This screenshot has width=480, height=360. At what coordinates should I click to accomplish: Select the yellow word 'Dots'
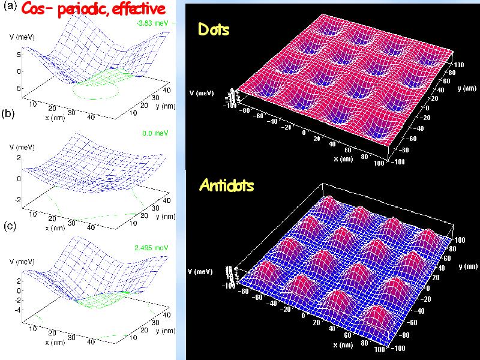(x=214, y=29)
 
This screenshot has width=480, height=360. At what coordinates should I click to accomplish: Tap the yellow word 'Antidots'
(x=226, y=185)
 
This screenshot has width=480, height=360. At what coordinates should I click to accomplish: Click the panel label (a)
(x=10, y=7)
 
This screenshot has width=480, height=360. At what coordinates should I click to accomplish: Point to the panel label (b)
(x=10, y=114)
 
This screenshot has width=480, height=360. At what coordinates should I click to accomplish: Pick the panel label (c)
(x=10, y=226)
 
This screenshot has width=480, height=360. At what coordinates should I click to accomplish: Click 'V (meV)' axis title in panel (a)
(x=22, y=37)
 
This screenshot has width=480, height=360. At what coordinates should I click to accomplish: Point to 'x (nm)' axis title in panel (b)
(x=55, y=228)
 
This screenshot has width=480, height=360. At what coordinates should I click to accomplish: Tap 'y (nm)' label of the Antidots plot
(x=467, y=266)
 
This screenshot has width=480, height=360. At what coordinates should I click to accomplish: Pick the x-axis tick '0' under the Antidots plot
(x=304, y=314)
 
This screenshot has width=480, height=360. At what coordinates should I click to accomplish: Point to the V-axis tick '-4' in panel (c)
(x=20, y=310)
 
